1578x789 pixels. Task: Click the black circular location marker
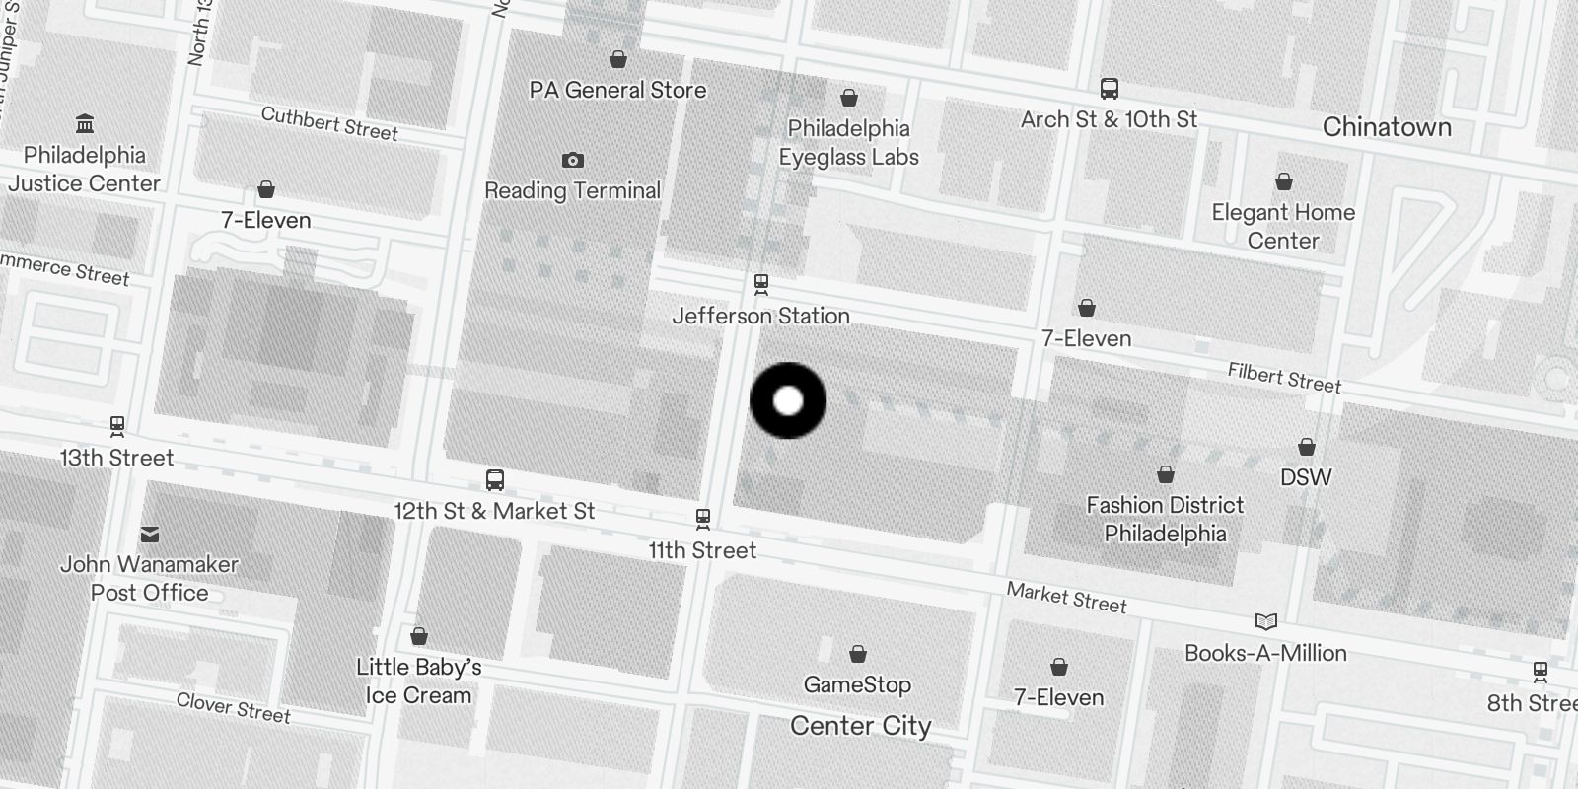tap(788, 400)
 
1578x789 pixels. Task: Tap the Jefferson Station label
tap(760, 316)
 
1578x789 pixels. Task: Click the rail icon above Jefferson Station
tap(760, 284)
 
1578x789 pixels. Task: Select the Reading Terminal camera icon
tap(572, 160)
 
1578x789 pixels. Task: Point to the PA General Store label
tap(617, 90)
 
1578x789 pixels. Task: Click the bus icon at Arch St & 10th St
tap(1110, 89)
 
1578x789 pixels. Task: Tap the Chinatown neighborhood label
tap(1387, 127)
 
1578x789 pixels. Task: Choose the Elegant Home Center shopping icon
tap(1283, 181)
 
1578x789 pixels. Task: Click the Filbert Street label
tap(1284, 378)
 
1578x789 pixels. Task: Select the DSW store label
tap(1306, 477)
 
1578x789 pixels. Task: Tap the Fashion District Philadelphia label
tap(1165, 519)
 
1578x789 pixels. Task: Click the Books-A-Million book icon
tap(1265, 621)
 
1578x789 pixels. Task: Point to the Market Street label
tap(1066, 598)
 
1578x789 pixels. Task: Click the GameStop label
tap(857, 684)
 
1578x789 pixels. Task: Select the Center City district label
tap(860, 726)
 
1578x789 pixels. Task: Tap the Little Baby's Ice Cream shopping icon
tap(419, 636)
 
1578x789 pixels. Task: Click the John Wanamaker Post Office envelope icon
tap(150, 535)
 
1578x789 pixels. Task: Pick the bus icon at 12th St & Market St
tap(495, 480)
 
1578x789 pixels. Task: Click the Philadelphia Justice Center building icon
tap(85, 124)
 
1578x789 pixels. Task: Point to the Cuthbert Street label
tap(329, 124)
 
